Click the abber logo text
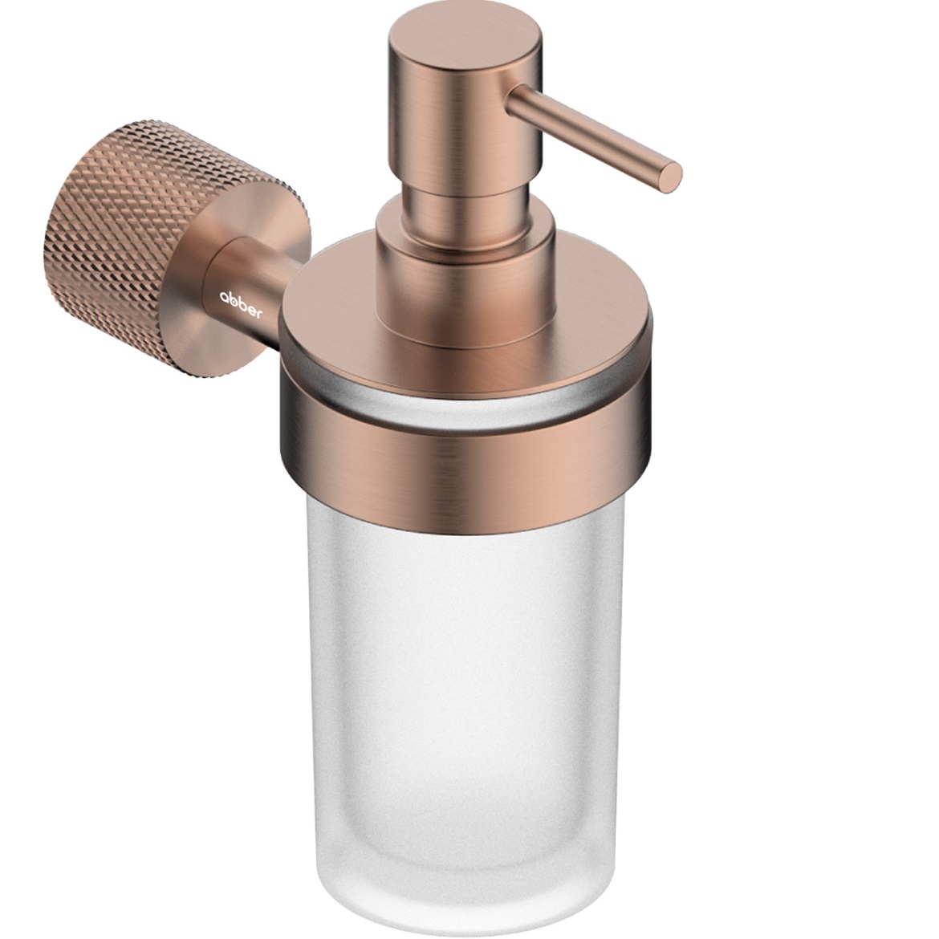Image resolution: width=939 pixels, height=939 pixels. pos(240,303)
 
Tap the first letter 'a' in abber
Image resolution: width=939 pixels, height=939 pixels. pos(223,296)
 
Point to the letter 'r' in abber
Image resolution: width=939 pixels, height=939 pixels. pos(258,313)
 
